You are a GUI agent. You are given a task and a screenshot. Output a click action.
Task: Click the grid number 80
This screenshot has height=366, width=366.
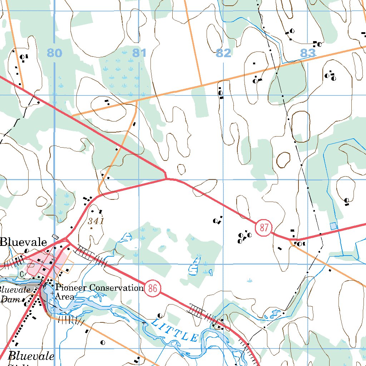(54, 53)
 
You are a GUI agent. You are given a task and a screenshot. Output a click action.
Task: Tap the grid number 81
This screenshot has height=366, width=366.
(139, 53)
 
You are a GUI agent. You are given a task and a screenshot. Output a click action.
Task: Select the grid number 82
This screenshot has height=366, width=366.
(223, 53)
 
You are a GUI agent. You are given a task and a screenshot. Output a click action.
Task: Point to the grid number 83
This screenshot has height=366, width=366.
(308, 53)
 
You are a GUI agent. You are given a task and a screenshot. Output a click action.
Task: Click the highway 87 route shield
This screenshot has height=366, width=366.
(264, 228)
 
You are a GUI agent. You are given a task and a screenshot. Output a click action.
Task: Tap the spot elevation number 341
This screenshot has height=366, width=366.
(96, 221)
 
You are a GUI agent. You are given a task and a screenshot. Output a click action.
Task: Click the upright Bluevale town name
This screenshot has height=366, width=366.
(23, 242)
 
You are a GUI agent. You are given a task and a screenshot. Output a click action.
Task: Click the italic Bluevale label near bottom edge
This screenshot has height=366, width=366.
(31, 356)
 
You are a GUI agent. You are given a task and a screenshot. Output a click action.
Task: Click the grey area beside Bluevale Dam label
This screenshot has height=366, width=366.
(35, 288)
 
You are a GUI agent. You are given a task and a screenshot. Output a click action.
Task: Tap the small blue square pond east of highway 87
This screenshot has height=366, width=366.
(333, 226)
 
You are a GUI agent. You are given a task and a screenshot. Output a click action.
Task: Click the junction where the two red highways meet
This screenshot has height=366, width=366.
(66, 239)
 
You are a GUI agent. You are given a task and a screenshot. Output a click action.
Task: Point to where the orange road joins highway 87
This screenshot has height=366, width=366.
(290, 239)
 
